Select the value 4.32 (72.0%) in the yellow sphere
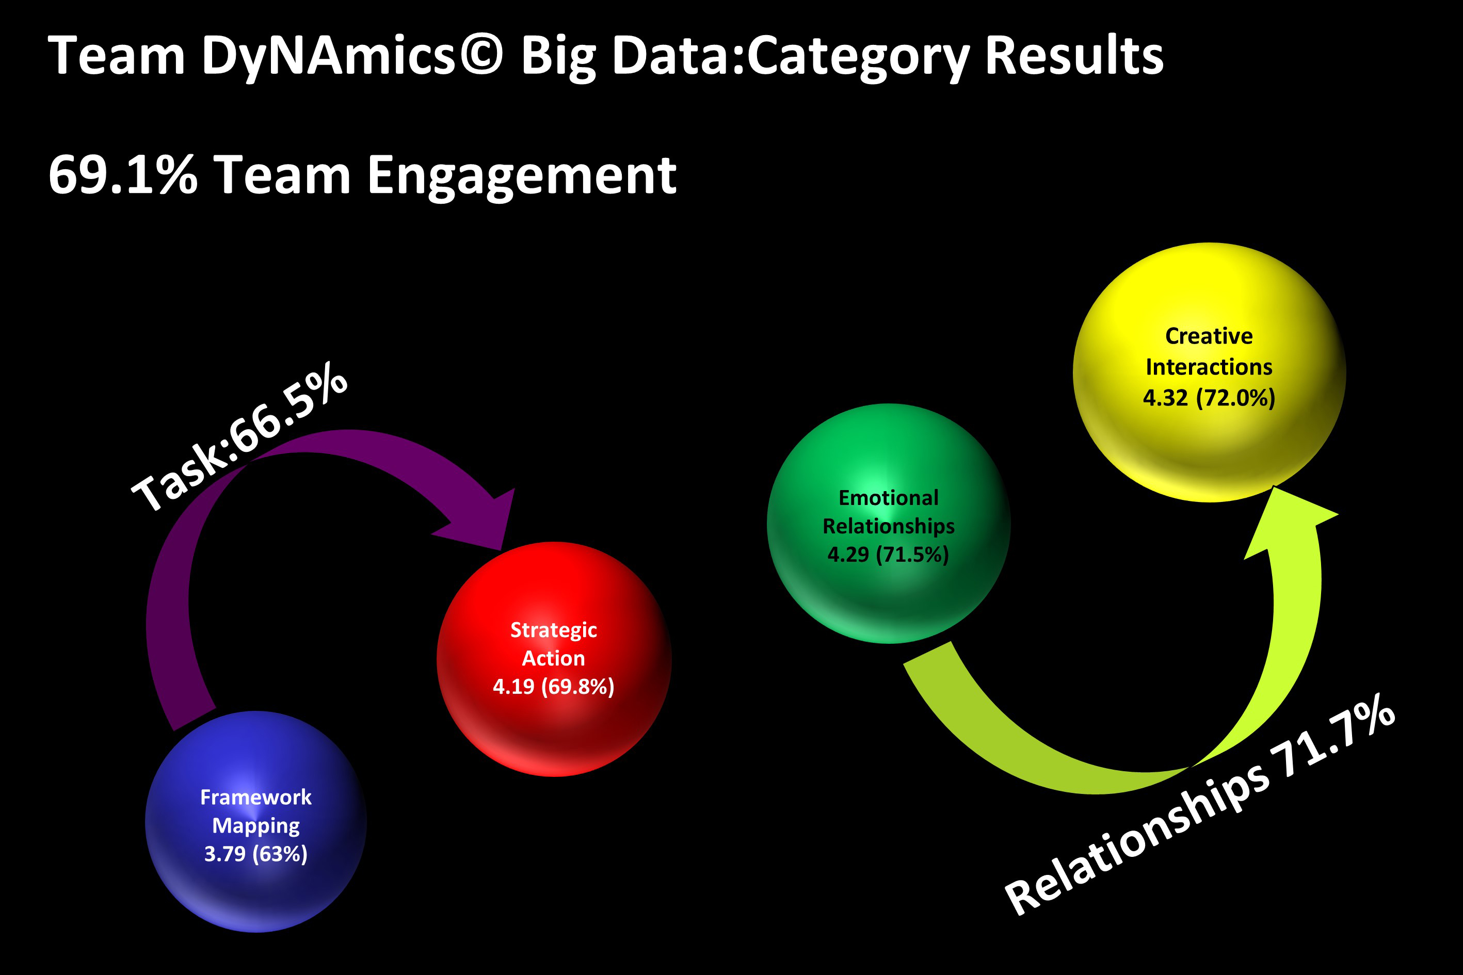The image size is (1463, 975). tap(1209, 397)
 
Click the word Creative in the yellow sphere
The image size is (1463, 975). tap(1209, 336)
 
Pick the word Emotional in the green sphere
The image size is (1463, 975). tap(888, 497)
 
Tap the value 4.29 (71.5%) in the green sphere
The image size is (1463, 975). tap(888, 554)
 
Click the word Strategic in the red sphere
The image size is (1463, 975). tap(554, 630)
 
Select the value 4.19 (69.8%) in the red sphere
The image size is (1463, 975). tap(554, 687)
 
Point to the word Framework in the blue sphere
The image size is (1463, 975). tap(255, 797)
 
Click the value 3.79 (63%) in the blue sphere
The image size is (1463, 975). tap(255, 854)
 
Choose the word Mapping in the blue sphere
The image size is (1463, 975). tap(255, 826)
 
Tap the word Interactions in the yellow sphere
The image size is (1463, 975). tap(1209, 367)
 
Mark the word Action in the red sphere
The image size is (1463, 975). tap(554, 658)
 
